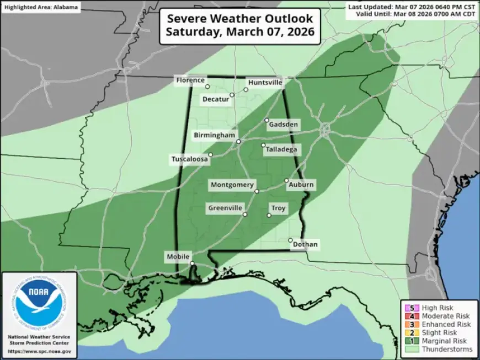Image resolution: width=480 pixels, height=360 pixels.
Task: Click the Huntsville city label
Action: click(x=265, y=83)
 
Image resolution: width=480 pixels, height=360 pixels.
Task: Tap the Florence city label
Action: click(x=190, y=80)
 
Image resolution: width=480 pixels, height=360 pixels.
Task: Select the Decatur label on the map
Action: click(x=215, y=99)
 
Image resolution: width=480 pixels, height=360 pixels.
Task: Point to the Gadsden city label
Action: click(x=284, y=125)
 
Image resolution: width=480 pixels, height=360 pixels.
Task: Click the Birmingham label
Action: click(x=215, y=136)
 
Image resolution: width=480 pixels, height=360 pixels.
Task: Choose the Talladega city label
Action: click(x=281, y=149)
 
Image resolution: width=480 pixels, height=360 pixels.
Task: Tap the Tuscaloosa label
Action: click(x=189, y=159)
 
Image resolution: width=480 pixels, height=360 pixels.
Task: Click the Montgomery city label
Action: click(x=232, y=185)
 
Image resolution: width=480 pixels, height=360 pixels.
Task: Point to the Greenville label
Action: click(x=225, y=208)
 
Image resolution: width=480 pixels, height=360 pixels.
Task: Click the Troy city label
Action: click(x=279, y=208)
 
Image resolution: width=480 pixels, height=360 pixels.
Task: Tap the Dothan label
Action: click(x=306, y=245)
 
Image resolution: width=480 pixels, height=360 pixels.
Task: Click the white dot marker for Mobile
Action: click(x=192, y=264)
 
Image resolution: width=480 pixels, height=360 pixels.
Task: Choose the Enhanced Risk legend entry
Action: click(x=439, y=324)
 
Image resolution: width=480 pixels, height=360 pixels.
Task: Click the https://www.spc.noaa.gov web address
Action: click(x=39, y=351)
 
